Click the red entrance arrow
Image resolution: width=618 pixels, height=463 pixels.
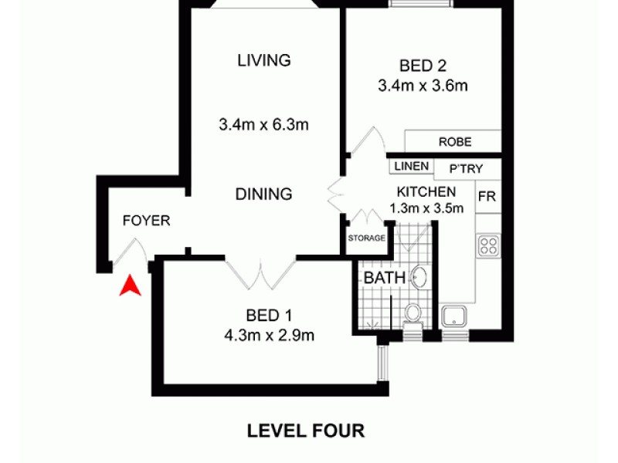(131, 286)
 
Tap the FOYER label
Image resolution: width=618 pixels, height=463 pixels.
(146, 221)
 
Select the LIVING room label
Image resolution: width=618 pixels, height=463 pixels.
(264, 60)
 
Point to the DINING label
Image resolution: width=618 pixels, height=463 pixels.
(264, 194)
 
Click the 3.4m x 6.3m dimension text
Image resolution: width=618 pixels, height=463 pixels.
(264, 123)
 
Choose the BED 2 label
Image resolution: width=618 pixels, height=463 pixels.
(423, 66)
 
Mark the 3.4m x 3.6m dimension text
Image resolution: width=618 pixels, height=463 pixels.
(423, 86)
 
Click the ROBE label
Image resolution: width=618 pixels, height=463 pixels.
(454, 143)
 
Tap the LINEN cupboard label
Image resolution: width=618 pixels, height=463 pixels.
(410, 166)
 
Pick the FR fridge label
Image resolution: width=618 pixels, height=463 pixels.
(487, 196)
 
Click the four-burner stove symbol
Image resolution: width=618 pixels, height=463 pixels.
(488, 246)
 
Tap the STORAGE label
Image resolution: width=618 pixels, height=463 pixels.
(366, 238)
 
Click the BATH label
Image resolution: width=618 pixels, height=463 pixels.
(380, 277)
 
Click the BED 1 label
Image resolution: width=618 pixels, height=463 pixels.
(270, 315)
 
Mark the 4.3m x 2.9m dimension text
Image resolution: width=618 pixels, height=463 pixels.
(270, 335)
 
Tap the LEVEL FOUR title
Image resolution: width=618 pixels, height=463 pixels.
(305, 430)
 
